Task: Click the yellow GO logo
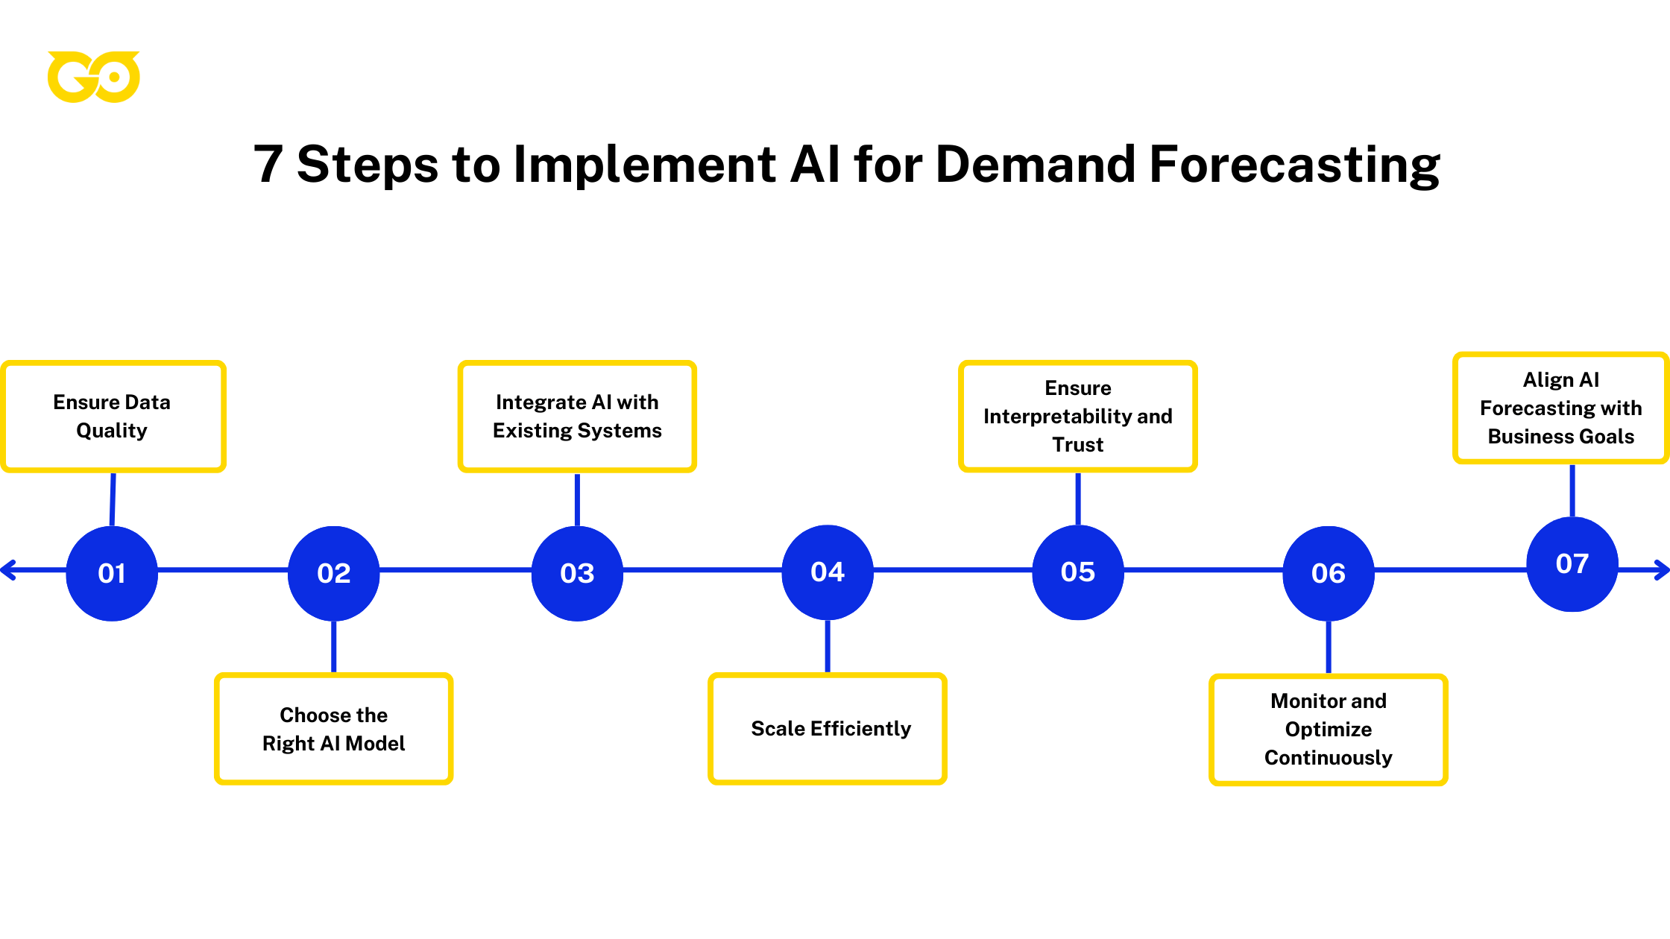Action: (93, 77)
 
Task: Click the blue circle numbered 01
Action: (112, 572)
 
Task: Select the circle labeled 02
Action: (333, 572)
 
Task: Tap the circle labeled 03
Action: (577, 572)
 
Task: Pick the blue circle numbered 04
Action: (828, 572)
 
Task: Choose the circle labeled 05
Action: (1078, 572)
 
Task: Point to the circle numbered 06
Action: (1329, 572)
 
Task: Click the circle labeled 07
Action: (1572, 563)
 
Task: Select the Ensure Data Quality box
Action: (113, 417)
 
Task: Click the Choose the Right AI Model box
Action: (333, 729)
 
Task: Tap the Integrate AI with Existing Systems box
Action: (577, 417)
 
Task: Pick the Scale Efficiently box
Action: (828, 729)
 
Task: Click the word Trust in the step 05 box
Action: (1077, 445)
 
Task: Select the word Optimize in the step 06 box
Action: (1329, 730)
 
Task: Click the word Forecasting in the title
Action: (1295, 165)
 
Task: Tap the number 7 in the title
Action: (268, 165)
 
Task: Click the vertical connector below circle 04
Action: (828, 646)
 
